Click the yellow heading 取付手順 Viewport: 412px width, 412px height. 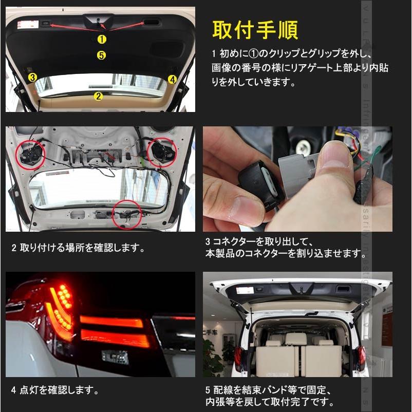(x=255, y=30)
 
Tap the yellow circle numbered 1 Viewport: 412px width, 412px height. (x=102, y=39)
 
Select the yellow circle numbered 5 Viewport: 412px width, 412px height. (x=102, y=55)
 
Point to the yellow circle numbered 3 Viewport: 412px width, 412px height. (x=32, y=78)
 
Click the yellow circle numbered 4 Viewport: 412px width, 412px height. (x=173, y=79)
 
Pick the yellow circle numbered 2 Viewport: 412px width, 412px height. (x=98, y=96)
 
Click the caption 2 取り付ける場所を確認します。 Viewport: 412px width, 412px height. (x=78, y=248)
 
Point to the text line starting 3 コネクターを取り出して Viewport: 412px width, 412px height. (x=263, y=240)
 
